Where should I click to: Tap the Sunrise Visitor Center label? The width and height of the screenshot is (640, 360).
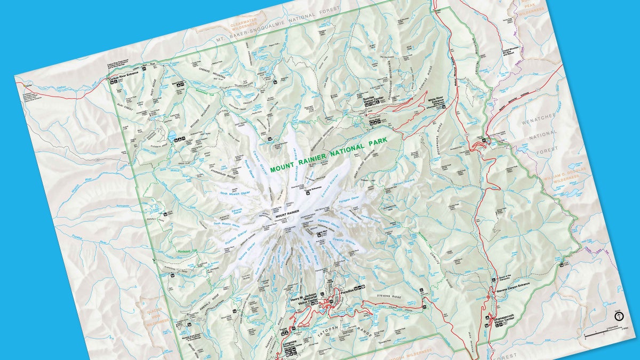point(373,99)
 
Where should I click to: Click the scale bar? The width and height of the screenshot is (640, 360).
point(603,334)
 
